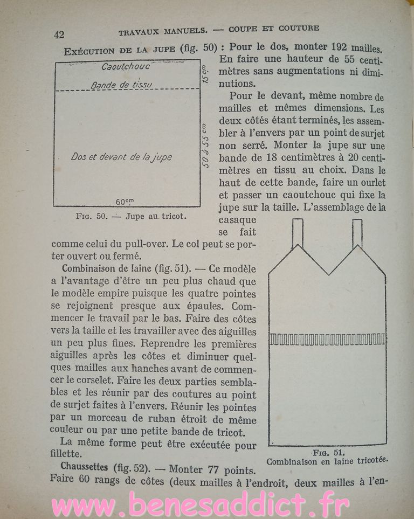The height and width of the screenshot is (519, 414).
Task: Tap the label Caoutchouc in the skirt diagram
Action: [126, 67]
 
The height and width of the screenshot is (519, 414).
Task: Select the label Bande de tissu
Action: [122, 85]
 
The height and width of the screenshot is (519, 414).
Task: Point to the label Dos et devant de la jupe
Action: [121, 157]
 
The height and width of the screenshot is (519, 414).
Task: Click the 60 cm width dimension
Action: [125, 201]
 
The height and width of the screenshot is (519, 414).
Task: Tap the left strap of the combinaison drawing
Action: [297, 233]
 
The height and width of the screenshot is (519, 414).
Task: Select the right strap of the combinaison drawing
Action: [357, 233]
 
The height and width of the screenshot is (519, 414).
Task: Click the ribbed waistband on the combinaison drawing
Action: [327, 339]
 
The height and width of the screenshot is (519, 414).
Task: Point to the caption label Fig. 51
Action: [328, 452]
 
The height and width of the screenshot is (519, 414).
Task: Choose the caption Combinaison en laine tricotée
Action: [327, 461]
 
